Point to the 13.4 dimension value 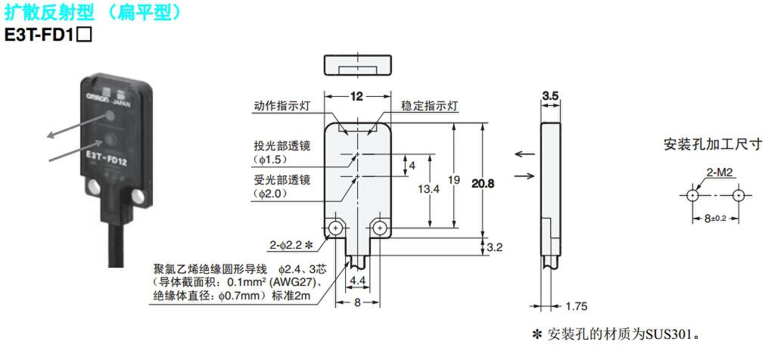[x=429, y=190]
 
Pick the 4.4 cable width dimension [x=357, y=280]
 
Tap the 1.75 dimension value [x=576, y=306]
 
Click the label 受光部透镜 [x=282, y=180]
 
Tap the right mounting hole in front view [x=381, y=228]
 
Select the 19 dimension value [x=453, y=180]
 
